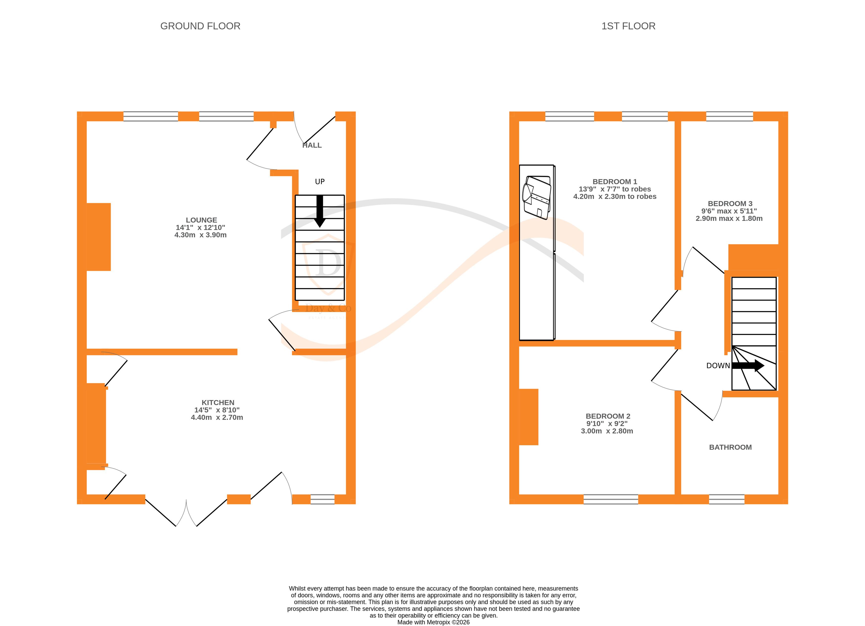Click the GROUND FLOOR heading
[x=200, y=26]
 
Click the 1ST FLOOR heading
[x=628, y=26]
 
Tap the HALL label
[x=312, y=145]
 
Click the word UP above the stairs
[x=320, y=182]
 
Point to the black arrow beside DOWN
[x=748, y=366]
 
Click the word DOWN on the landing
[x=718, y=366]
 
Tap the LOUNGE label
[x=201, y=220]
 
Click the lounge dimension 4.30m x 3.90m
[x=200, y=235]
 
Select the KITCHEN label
[x=218, y=403]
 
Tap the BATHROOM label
[x=730, y=447]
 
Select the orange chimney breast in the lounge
[x=98, y=237]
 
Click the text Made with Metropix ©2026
[x=433, y=622]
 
